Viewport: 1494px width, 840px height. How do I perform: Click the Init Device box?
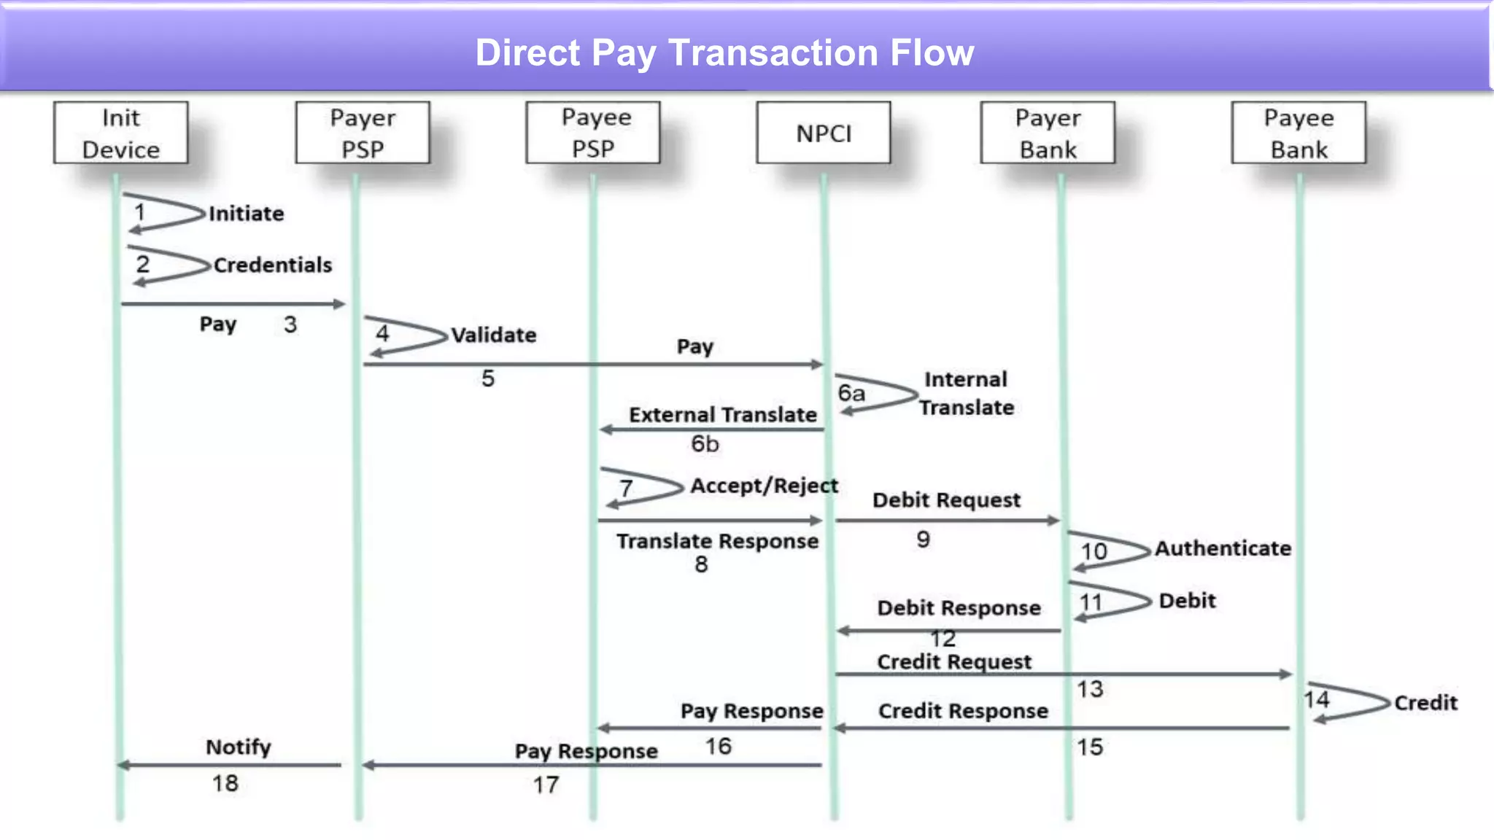point(120,133)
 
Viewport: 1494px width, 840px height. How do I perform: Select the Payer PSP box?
point(363,133)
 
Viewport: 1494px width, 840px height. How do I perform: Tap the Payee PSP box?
point(593,133)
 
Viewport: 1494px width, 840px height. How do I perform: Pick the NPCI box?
point(824,133)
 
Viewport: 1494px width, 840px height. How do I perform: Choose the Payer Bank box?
point(1048,133)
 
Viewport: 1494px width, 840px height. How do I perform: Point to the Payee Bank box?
point(1298,133)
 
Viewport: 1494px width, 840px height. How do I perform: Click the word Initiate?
point(246,214)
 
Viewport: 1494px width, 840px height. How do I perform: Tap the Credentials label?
point(272,265)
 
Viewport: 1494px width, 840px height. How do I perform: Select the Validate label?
point(493,335)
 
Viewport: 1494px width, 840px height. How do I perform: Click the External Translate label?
point(722,415)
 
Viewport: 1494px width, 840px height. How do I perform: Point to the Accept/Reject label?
point(764,486)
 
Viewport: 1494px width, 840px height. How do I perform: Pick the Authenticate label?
point(1223,548)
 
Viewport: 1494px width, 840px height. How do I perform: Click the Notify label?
point(238,747)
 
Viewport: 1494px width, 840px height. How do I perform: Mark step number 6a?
point(851,394)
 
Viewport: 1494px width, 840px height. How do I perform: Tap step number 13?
point(1090,689)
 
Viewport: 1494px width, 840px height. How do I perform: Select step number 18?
point(225,784)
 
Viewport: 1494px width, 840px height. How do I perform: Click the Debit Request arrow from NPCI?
point(947,521)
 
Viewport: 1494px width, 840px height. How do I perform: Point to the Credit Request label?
point(953,662)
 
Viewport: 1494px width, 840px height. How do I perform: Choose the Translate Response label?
point(717,541)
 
